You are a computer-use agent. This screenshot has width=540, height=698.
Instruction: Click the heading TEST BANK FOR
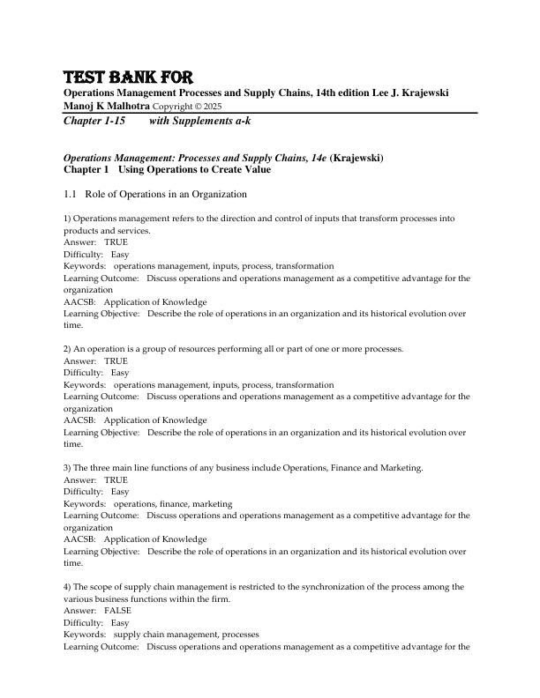tap(129, 77)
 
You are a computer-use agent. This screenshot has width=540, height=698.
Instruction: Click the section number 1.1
tap(71, 194)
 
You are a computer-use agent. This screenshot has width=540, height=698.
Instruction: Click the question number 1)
tap(68, 218)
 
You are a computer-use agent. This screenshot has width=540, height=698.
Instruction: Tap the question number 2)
tap(68, 349)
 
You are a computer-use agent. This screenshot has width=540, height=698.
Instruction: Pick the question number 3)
tap(68, 468)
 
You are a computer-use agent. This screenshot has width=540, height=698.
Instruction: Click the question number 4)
tap(68, 586)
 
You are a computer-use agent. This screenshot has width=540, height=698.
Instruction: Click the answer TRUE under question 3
tap(116, 479)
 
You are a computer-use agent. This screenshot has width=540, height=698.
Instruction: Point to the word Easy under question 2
tap(119, 373)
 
